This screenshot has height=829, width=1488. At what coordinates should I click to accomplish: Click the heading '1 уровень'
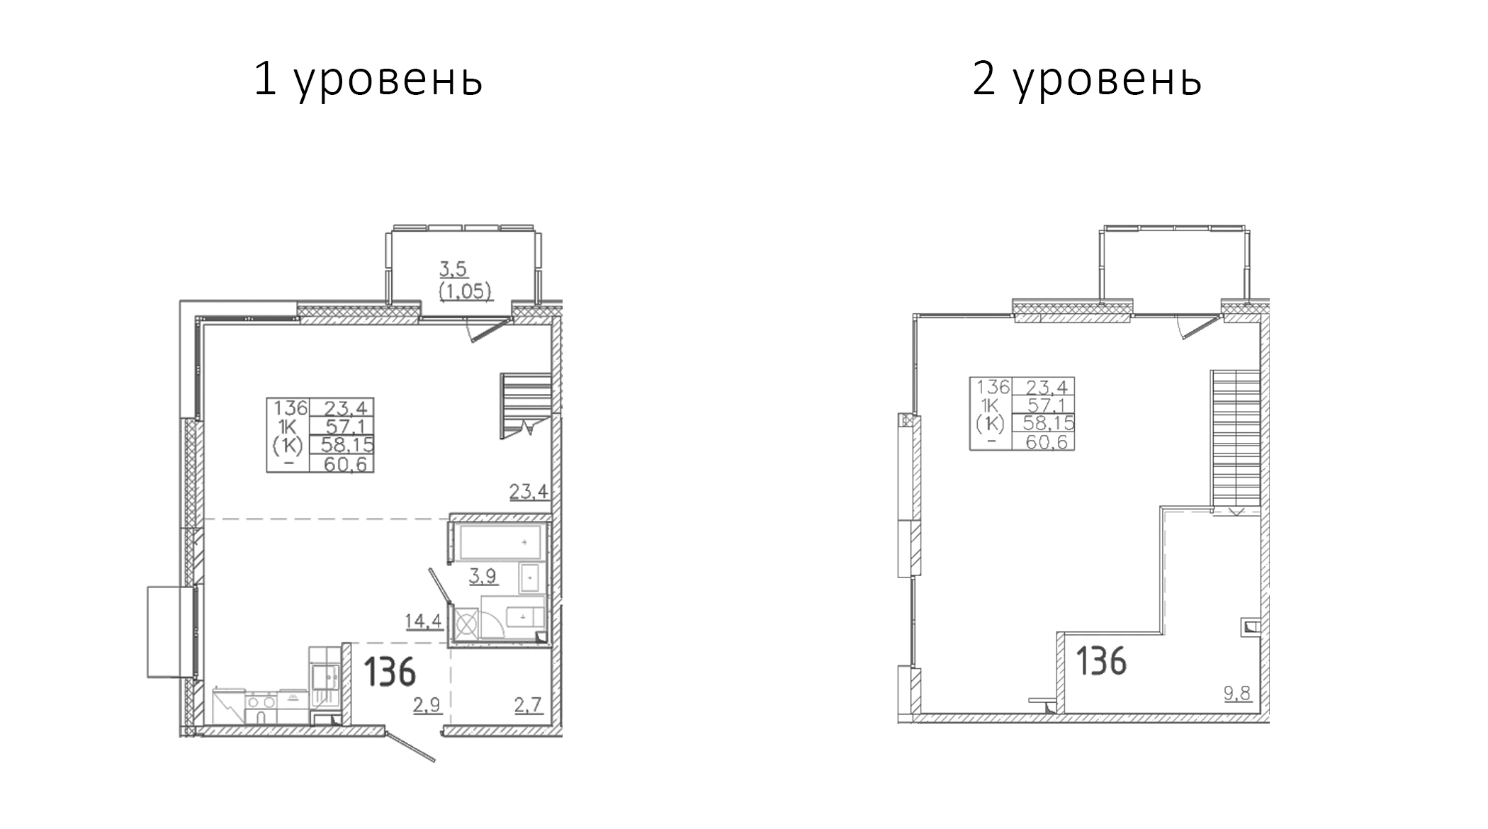click(368, 79)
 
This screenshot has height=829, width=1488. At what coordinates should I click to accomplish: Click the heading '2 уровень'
click(1086, 79)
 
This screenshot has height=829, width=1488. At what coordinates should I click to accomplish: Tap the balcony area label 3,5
click(453, 269)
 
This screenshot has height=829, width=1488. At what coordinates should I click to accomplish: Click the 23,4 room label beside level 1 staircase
click(529, 491)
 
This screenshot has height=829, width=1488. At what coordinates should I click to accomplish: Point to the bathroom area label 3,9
click(483, 577)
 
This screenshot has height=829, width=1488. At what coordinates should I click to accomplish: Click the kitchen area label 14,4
click(423, 621)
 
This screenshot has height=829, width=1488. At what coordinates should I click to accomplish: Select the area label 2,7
click(528, 704)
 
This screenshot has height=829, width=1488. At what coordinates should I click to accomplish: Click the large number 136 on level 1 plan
click(389, 672)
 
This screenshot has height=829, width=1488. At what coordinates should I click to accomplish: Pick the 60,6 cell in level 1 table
click(342, 463)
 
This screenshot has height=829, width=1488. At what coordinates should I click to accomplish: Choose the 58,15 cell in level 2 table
click(1044, 424)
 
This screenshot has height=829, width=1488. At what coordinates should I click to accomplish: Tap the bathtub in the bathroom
click(501, 542)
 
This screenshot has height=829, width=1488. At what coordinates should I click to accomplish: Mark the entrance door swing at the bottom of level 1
click(410, 745)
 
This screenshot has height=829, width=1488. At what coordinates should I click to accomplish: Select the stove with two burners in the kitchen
click(263, 701)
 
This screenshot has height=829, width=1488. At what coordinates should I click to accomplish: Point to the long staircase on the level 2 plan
click(1235, 439)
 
